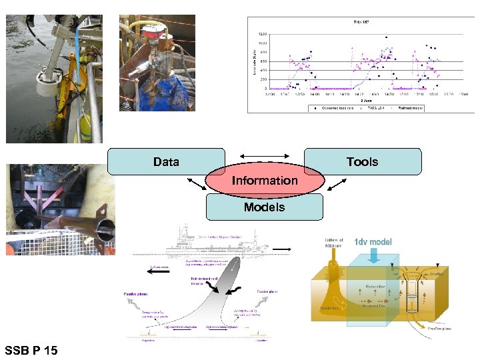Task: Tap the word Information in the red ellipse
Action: click(265, 181)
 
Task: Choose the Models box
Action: click(264, 207)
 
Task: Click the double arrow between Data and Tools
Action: click(264, 155)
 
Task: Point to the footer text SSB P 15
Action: click(31, 350)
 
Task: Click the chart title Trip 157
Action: click(361, 23)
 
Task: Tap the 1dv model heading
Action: click(373, 242)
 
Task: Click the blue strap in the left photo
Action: click(79, 40)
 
